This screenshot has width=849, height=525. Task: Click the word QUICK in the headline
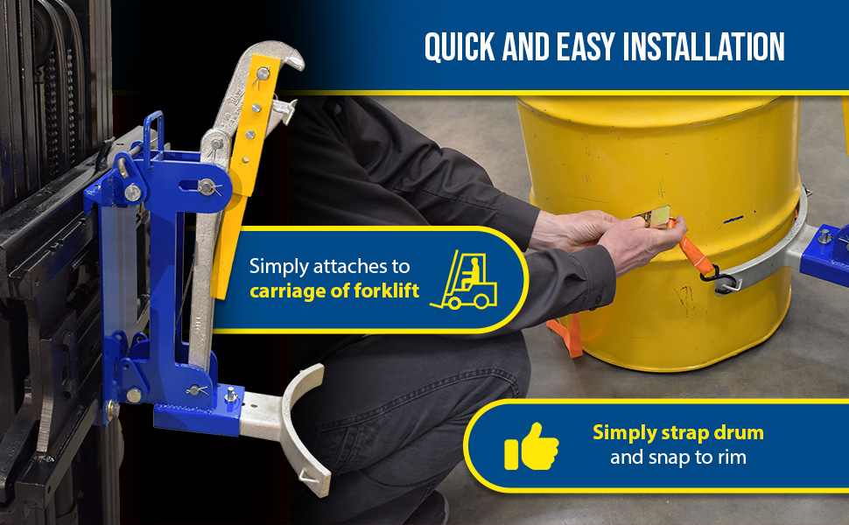[x=460, y=46]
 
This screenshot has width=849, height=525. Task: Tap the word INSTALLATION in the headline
[x=704, y=46]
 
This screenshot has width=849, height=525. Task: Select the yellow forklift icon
[x=465, y=280]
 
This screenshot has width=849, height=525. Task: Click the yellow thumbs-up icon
[x=531, y=446]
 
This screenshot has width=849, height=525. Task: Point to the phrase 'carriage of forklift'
[x=334, y=291]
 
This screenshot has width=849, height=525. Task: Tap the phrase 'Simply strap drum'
[x=678, y=432]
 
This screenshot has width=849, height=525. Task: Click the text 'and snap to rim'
[x=678, y=458]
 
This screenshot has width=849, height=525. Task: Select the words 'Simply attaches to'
[x=329, y=266]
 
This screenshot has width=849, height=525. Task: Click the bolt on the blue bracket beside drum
[x=824, y=236]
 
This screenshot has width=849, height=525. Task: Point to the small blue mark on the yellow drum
[x=733, y=220]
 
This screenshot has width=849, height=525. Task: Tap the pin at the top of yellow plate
[x=263, y=73]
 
